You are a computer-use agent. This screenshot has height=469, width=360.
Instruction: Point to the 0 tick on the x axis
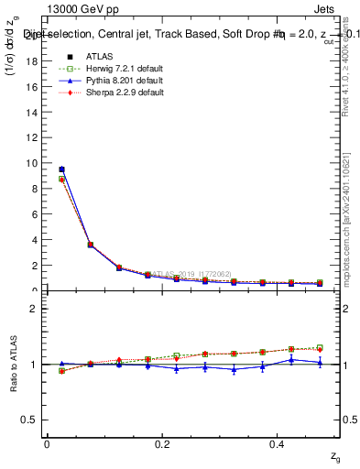point(46,444)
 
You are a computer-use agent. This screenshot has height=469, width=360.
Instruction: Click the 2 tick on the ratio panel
point(36,309)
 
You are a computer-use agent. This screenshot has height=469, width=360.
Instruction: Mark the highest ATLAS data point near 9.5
point(60,169)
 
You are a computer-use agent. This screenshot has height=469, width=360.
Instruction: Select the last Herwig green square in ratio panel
point(320,347)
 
